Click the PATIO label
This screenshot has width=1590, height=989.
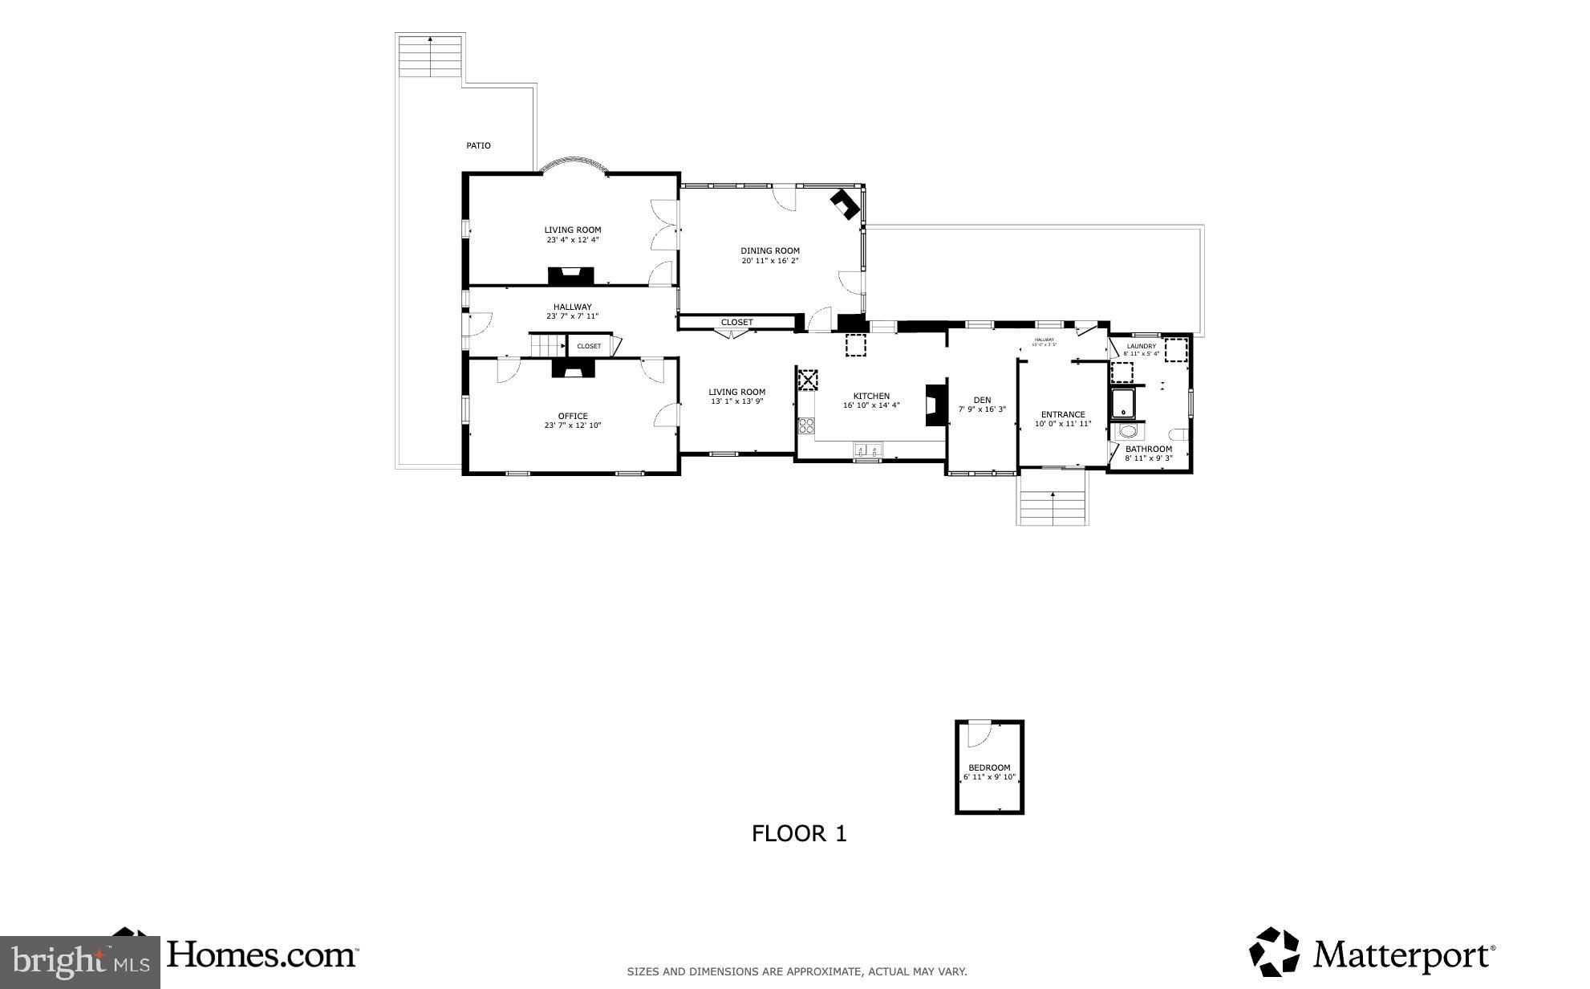pyautogui.click(x=478, y=145)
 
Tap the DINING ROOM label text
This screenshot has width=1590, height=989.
pyautogui.click(x=769, y=250)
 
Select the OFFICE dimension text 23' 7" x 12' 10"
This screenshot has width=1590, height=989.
pyautogui.click(x=572, y=425)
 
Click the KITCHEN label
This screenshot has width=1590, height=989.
pyautogui.click(x=870, y=396)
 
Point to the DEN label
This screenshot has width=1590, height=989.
pyautogui.click(x=982, y=400)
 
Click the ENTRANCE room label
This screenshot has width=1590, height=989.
pyautogui.click(x=1063, y=414)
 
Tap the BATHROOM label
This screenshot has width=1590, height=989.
pyautogui.click(x=1148, y=449)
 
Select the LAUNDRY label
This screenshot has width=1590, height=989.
pyautogui.click(x=1141, y=346)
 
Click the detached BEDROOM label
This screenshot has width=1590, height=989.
pyautogui.click(x=989, y=767)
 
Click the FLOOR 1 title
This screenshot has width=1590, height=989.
pyautogui.click(x=799, y=833)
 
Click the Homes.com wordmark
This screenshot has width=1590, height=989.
pyautogui.click(x=262, y=954)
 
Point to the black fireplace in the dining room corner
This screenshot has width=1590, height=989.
pyautogui.click(x=845, y=203)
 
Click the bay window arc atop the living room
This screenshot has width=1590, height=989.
pyautogui.click(x=574, y=164)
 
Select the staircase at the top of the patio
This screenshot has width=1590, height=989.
pyautogui.click(x=431, y=56)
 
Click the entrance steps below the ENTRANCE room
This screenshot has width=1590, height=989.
pyautogui.click(x=1053, y=502)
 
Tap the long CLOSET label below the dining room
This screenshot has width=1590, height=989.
pyautogui.click(x=736, y=322)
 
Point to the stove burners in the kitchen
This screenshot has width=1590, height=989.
pyautogui.click(x=806, y=425)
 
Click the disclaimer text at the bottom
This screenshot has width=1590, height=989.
pyautogui.click(x=797, y=971)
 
